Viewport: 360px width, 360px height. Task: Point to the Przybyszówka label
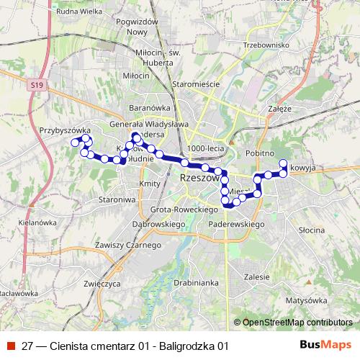coord(64,130)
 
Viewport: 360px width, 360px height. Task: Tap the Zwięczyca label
coord(102,284)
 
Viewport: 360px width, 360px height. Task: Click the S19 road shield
coord(37,85)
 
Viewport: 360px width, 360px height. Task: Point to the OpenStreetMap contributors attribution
coord(296,323)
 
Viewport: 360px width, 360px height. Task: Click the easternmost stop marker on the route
coord(284,163)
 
